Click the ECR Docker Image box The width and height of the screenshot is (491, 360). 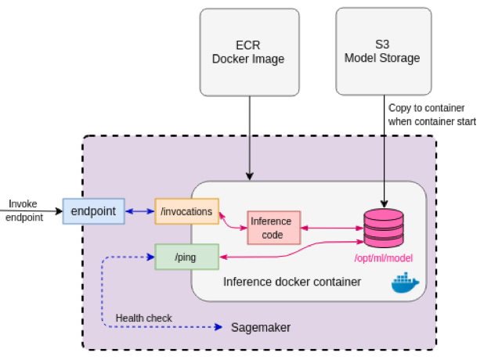click(x=248, y=52)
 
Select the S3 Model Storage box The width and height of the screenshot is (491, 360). click(x=383, y=52)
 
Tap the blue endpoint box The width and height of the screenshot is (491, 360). click(x=93, y=211)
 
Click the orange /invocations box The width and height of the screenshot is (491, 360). click(x=186, y=211)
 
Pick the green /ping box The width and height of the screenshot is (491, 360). click(x=186, y=256)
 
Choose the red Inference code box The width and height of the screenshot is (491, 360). click(x=272, y=228)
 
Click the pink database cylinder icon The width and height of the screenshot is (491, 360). click(x=384, y=228)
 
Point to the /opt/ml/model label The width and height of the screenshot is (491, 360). click(x=384, y=258)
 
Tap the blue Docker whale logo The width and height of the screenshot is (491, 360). click(x=405, y=283)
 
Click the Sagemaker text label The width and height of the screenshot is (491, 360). click(x=262, y=326)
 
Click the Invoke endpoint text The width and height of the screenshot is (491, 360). click(x=23, y=211)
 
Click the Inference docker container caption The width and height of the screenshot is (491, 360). click(x=292, y=282)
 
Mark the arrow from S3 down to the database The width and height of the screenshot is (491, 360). click(x=384, y=157)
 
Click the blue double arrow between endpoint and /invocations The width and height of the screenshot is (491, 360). click(x=139, y=211)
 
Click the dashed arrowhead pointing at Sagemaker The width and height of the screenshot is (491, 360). click(x=220, y=326)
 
